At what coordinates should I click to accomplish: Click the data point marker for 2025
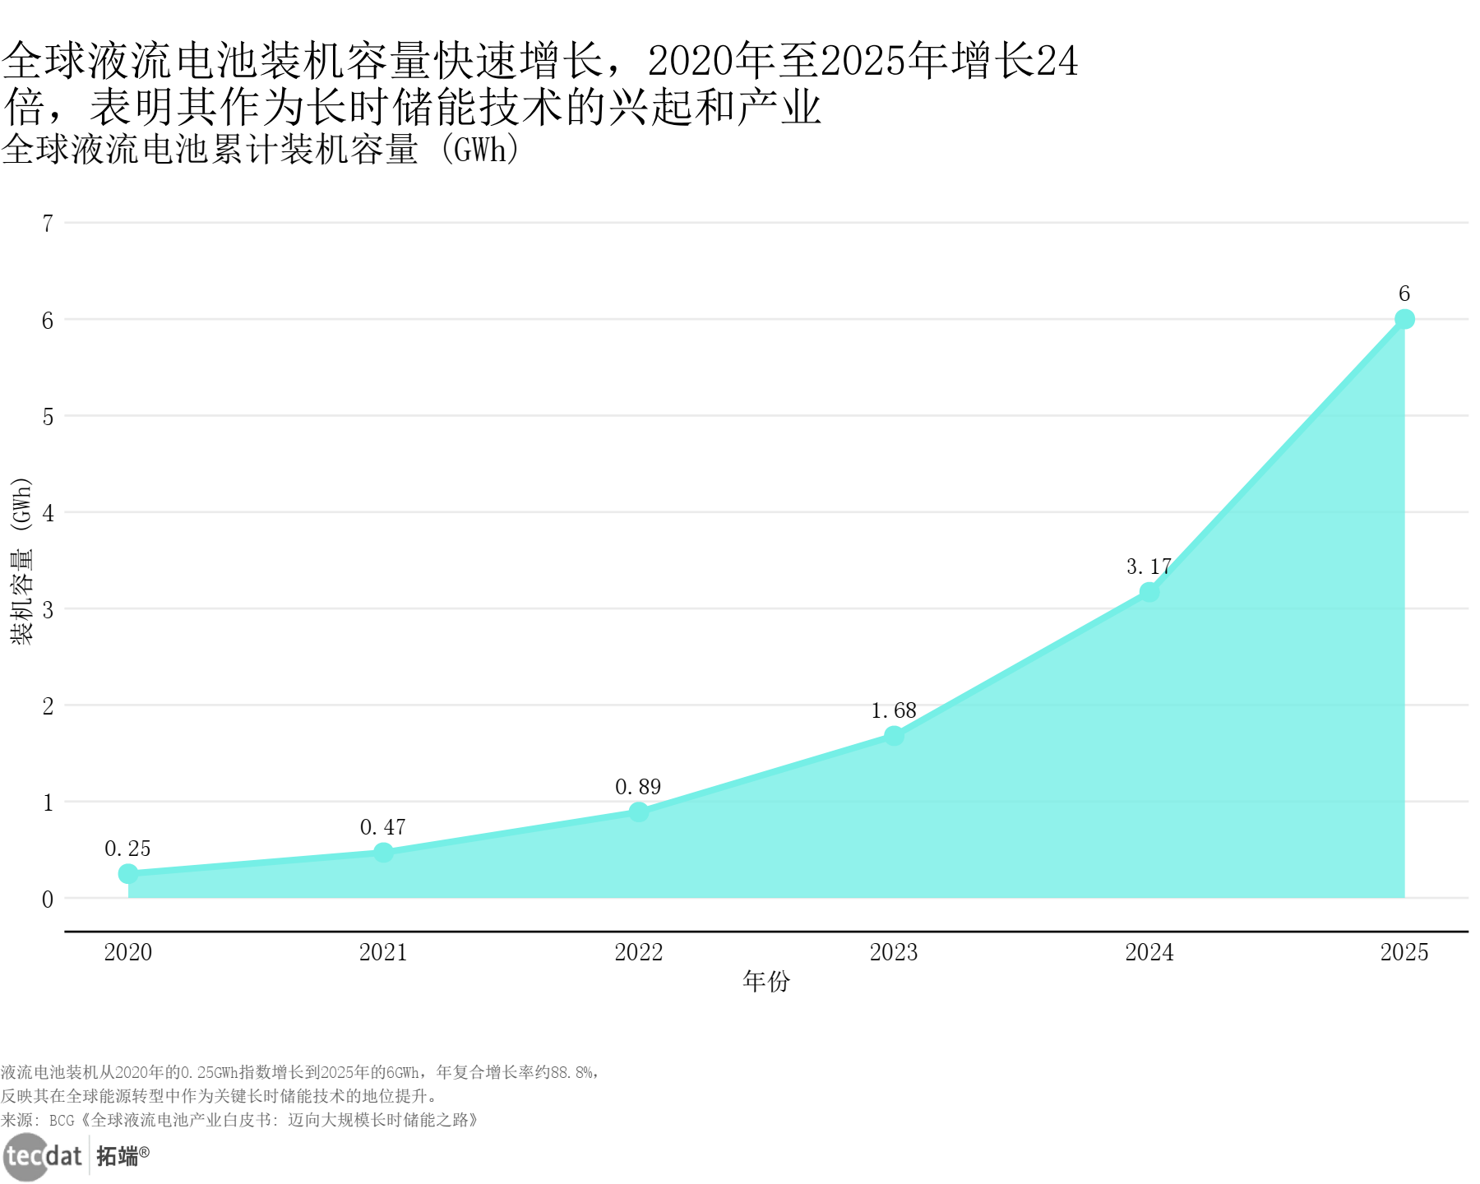1404,319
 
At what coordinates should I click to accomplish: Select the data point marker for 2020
128,873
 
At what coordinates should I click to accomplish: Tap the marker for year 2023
894,736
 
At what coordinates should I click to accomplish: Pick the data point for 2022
639,812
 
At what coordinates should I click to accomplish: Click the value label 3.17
1148,567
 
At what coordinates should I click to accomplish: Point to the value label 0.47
382,827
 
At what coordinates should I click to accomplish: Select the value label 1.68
893,710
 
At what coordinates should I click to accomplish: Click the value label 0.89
638,787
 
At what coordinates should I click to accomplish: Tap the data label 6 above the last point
1404,294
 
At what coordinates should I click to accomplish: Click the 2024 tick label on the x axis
1149,952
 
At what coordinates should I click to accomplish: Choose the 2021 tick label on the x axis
383,952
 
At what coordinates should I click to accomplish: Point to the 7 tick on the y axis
48,224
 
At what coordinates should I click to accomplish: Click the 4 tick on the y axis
48,514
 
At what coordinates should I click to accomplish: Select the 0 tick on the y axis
48,900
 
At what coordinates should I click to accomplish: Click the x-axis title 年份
765,981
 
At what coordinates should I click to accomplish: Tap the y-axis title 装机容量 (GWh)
22,561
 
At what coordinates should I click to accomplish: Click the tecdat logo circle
26,1156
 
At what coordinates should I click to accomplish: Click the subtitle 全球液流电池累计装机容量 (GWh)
260,150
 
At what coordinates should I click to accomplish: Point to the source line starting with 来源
238,1120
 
